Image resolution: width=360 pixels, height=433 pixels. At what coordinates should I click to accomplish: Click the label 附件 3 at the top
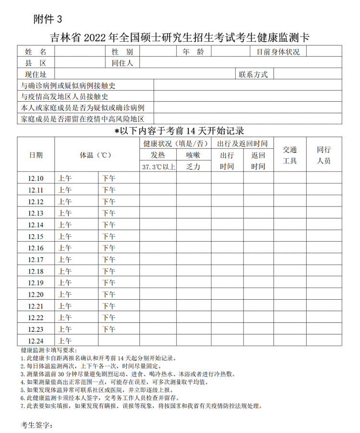pos(48,19)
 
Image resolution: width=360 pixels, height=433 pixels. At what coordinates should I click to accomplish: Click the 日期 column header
pos(36,154)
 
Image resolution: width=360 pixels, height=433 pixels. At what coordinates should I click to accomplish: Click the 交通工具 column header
pos(290,155)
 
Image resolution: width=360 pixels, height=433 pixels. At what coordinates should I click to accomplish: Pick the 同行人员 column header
pos(324,155)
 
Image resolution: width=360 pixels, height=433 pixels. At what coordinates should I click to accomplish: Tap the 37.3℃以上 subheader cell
pos(158,166)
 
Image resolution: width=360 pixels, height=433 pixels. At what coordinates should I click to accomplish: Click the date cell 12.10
pos(36,178)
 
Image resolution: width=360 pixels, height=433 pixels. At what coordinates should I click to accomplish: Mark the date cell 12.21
pos(36,306)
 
